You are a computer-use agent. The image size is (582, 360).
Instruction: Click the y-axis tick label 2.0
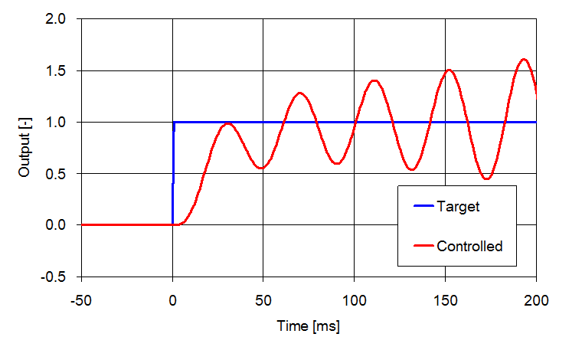point(63,19)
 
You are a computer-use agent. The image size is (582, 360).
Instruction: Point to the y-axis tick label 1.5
point(63,70)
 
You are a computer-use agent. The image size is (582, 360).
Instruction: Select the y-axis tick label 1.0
point(63,122)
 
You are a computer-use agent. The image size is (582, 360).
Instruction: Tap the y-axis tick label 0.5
point(63,173)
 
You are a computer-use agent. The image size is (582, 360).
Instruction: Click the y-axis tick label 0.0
point(63,225)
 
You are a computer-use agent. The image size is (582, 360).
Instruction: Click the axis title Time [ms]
point(309,326)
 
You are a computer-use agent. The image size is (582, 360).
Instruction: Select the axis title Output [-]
point(25,148)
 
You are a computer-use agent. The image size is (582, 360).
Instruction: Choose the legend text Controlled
point(469,246)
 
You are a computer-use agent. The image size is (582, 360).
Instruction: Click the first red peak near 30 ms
point(227,123)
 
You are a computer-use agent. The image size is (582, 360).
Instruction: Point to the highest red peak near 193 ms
point(524,59)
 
